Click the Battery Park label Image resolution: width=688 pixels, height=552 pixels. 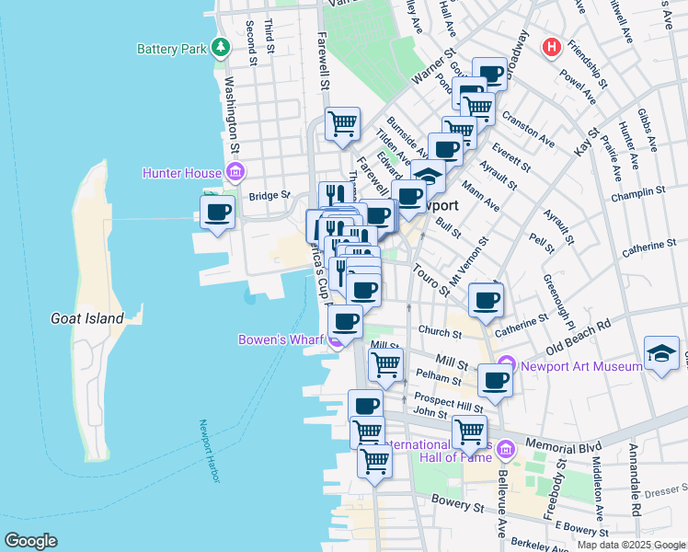171,49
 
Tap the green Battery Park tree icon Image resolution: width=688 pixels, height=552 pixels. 221,47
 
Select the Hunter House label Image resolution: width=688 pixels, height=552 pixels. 181,173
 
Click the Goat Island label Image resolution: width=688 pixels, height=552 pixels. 86,318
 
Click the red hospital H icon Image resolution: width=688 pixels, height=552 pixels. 552,47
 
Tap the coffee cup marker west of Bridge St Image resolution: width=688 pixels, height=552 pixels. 218,213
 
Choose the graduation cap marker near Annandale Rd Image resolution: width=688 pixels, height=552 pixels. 661,353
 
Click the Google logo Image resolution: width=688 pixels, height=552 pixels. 30,541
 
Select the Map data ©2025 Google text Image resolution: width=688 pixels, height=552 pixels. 630,545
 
